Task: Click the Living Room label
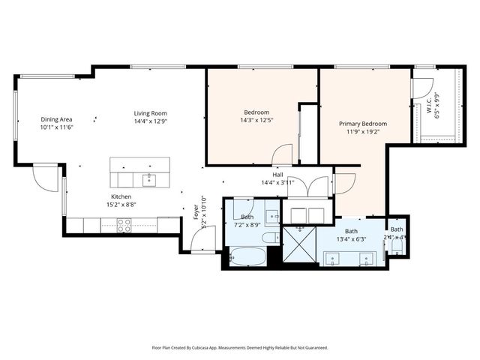[149, 112]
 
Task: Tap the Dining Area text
[56, 119]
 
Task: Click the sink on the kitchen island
[148, 179]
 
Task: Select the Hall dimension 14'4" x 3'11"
[277, 182]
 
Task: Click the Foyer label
[196, 212]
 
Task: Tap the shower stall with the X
[298, 246]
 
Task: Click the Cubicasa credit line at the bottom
[240, 347]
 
